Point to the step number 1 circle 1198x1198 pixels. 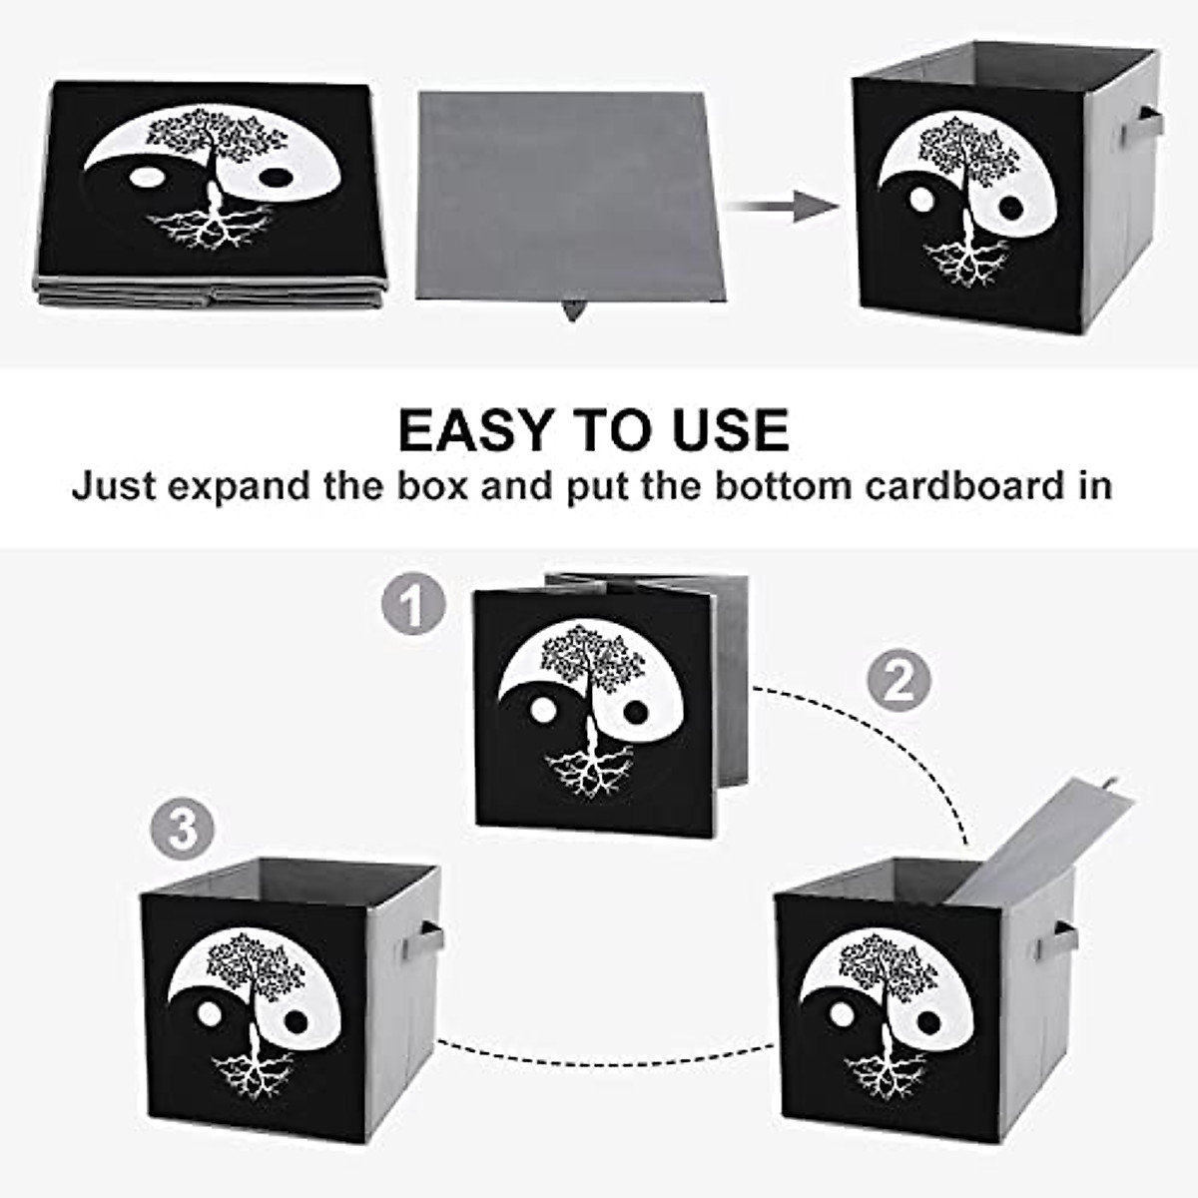click(412, 605)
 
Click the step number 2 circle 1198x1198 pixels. click(898, 681)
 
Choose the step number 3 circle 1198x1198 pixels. click(183, 830)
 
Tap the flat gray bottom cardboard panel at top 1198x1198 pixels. click(565, 195)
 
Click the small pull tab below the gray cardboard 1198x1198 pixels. click(572, 310)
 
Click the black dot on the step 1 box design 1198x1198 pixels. click(635, 712)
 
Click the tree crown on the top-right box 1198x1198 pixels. click(966, 150)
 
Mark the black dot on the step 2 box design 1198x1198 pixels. click(928, 1022)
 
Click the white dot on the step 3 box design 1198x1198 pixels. click(209, 1013)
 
